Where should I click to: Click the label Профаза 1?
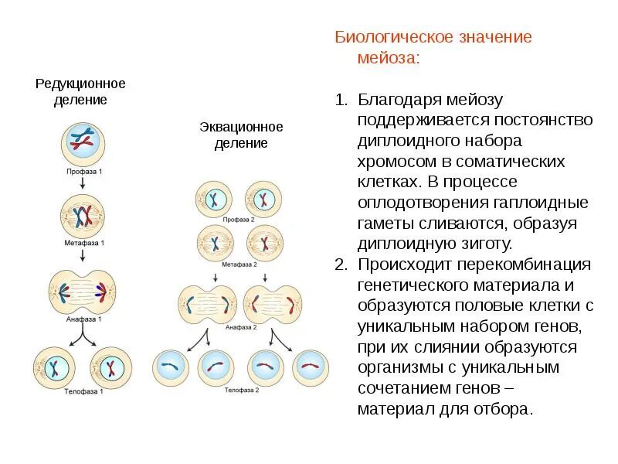tap(83, 170)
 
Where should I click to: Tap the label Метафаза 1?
tap(83, 243)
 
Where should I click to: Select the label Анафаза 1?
tap(83, 318)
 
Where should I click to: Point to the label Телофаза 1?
tap(83, 391)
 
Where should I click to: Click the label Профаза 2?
tap(239, 220)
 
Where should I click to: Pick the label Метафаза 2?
tap(239, 264)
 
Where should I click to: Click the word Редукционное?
tap(80, 84)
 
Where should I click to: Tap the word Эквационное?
tap(241, 127)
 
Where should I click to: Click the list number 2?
tap(341, 264)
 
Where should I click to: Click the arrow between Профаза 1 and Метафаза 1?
tap(83, 183)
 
